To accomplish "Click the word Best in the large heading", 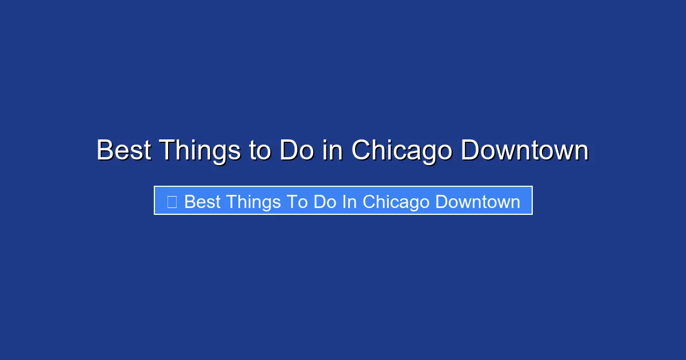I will point(124,151).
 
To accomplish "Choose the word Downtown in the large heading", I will point(524,151).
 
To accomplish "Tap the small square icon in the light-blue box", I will point(171,201).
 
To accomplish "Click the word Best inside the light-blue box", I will point(202,202).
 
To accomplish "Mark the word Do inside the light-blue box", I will point(326,202).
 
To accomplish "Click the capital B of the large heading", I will point(104,151).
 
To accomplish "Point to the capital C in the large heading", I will point(362,151).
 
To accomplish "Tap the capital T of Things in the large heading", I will point(167,151).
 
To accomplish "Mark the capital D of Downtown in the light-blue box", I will point(441,202).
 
